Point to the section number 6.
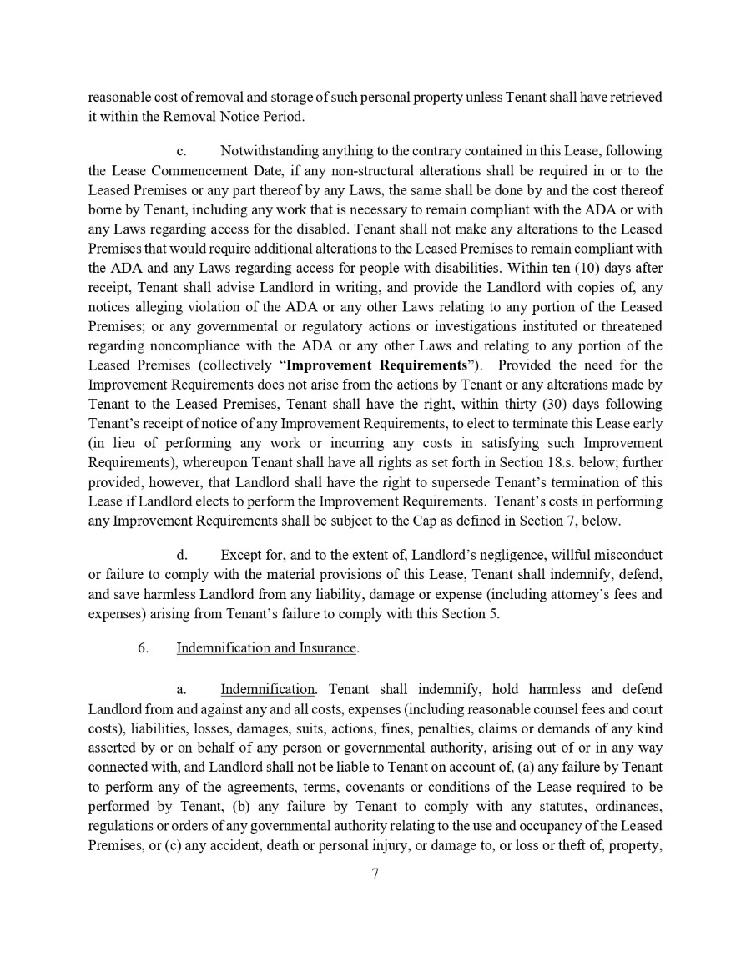point(144,647)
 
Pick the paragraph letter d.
point(182,555)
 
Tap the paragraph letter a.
point(181,690)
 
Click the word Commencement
point(192,170)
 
